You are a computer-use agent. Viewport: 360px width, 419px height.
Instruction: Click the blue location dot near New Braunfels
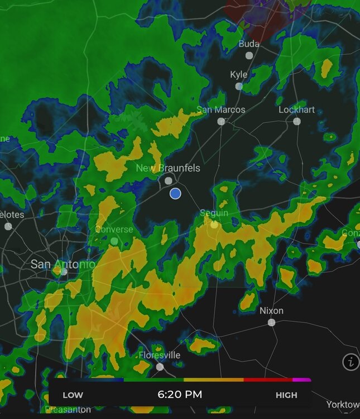pos(175,193)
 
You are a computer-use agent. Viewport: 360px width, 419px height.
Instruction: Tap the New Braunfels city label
pos(168,168)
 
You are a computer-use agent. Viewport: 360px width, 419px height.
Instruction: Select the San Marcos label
pos(221,109)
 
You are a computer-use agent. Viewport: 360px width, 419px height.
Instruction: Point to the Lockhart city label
pos(297,109)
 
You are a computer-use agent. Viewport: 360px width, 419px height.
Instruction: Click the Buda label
pos(249,44)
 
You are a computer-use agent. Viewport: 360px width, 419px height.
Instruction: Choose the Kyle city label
pos(239,75)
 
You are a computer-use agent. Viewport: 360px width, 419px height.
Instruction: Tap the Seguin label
pos(214,213)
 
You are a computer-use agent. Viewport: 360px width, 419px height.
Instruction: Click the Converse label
pos(114,230)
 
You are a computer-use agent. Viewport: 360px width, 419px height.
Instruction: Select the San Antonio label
pos(63,263)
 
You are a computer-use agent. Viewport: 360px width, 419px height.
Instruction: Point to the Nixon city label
pos(271,311)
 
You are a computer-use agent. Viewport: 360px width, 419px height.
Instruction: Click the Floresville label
pos(160,355)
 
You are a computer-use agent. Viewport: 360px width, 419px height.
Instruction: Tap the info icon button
pos(351,362)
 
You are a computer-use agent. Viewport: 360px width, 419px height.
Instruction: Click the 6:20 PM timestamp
pos(180,395)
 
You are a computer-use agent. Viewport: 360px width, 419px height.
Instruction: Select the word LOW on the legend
pos(73,395)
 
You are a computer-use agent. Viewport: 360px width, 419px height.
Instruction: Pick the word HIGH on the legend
pos(287,395)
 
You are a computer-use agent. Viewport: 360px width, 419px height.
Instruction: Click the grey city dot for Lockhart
pos(297,121)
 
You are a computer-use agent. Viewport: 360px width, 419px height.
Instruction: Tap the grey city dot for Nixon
pos(271,322)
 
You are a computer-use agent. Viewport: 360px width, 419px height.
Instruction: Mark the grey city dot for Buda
pos(249,55)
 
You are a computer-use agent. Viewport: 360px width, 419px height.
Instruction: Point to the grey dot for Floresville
pos(160,367)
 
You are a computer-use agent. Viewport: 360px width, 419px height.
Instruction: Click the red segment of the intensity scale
pos(268,380)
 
